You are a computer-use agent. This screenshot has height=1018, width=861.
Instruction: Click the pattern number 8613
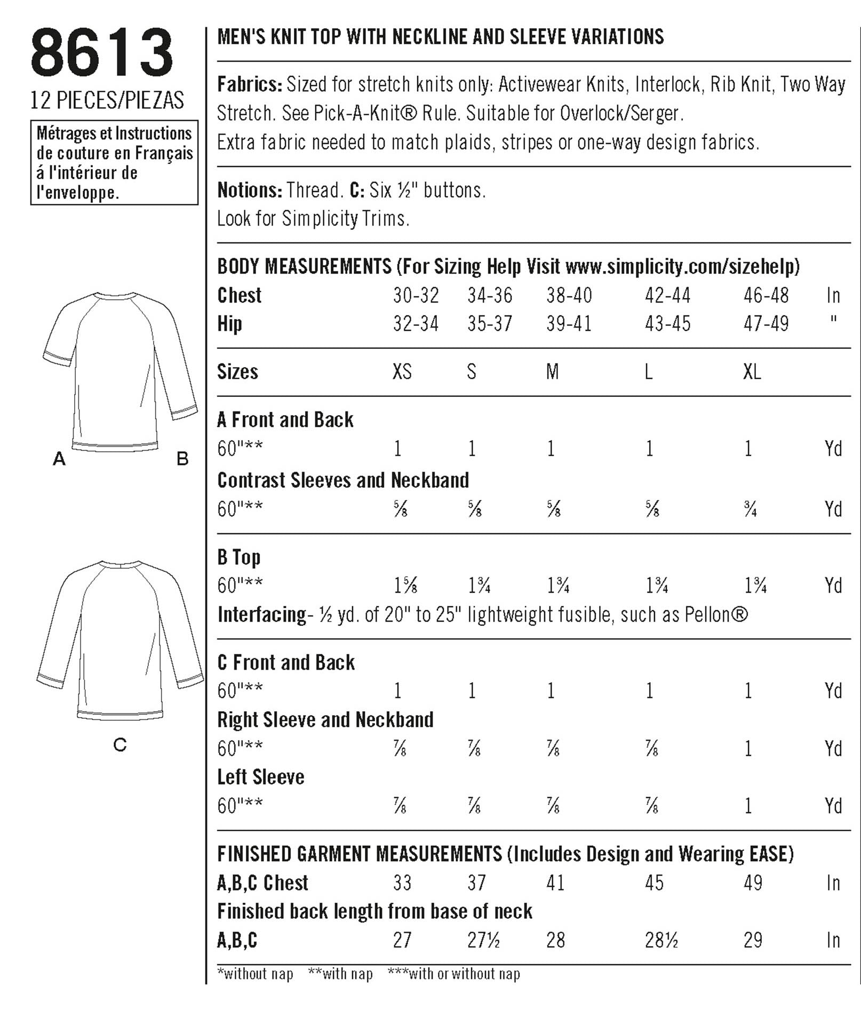pyautogui.click(x=102, y=53)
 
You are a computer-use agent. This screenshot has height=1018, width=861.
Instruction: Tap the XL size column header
pyautogui.click(x=752, y=372)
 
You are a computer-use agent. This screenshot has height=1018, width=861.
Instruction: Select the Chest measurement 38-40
pyautogui.click(x=569, y=295)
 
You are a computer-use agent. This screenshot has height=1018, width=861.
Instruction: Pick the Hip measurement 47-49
pyautogui.click(x=766, y=324)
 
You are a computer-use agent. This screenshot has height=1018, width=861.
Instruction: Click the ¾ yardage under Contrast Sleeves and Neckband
pyautogui.click(x=751, y=510)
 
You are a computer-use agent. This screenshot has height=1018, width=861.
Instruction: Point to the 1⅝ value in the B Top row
pyautogui.click(x=405, y=586)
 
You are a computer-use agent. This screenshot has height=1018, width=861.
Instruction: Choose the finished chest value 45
pyautogui.click(x=654, y=883)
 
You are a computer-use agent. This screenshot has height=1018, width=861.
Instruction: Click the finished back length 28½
pyautogui.click(x=661, y=940)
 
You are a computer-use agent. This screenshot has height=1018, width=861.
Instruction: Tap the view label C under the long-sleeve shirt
pyautogui.click(x=120, y=744)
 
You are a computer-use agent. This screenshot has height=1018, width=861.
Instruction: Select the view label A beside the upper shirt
pyautogui.click(x=59, y=458)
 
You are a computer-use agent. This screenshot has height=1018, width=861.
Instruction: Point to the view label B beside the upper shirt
pyautogui.click(x=182, y=458)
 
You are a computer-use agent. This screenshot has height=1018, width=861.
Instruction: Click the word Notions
pyautogui.click(x=249, y=190)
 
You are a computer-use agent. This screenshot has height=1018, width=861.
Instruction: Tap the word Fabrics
pyautogui.click(x=249, y=84)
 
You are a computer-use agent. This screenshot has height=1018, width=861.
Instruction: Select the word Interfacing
pyautogui.click(x=261, y=615)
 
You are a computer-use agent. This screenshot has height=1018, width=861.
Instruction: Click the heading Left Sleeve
pyautogui.click(x=260, y=777)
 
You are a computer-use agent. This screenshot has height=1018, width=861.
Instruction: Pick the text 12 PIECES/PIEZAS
pyautogui.click(x=107, y=100)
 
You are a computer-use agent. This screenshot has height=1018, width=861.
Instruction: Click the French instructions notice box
pyautogui.click(x=114, y=163)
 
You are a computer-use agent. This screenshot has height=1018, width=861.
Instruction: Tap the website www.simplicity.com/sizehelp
pyautogui.click(x=682, y=266)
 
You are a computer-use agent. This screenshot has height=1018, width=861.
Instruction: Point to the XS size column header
pyautogui.click(x=402, y=372)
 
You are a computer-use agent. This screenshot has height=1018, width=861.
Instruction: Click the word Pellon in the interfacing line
pyautogui.click(x=708, y=615)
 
